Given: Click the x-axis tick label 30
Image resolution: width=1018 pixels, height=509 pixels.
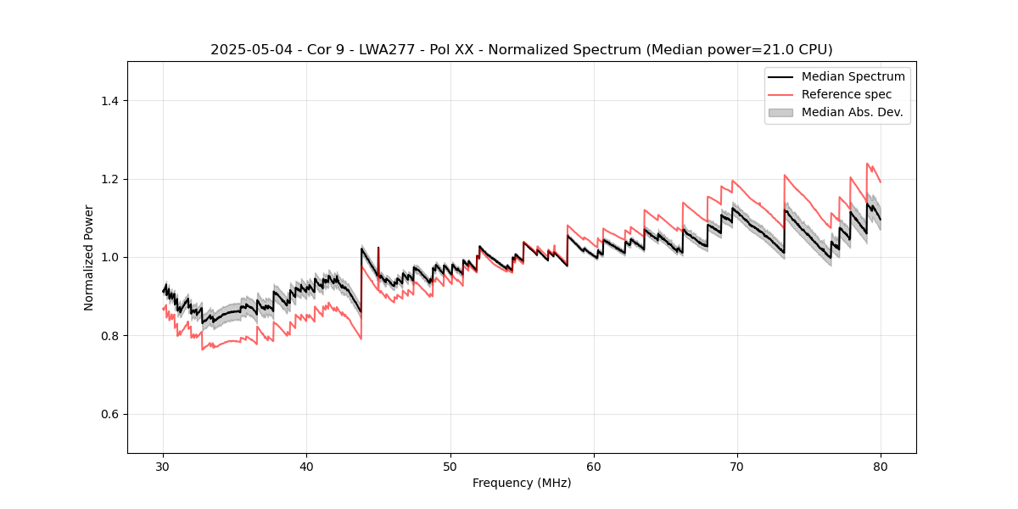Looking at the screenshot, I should (164, 467).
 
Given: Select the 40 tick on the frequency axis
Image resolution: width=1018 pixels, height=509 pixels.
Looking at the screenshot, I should (307, 467).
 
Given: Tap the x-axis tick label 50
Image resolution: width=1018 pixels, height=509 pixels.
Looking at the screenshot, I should (450, 467).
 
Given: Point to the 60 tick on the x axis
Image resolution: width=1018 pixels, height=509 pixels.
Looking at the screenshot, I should (594, 467).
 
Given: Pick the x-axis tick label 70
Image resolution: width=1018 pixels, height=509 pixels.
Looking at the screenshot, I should (737, 467).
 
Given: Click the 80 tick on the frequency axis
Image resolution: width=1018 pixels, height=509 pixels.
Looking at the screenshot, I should (881, 467).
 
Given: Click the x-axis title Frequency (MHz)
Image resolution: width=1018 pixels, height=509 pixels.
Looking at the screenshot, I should (522, 483).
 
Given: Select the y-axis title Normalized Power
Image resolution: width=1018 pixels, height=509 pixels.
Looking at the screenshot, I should (89, 257).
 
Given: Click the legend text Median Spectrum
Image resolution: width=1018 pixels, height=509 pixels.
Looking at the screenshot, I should (853, 76).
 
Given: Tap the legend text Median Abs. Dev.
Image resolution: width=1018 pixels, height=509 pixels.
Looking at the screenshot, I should (852, 112).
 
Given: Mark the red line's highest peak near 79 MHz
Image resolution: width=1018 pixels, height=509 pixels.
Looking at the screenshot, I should (867, 164).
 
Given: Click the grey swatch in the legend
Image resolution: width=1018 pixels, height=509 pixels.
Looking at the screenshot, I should (780, 112).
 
